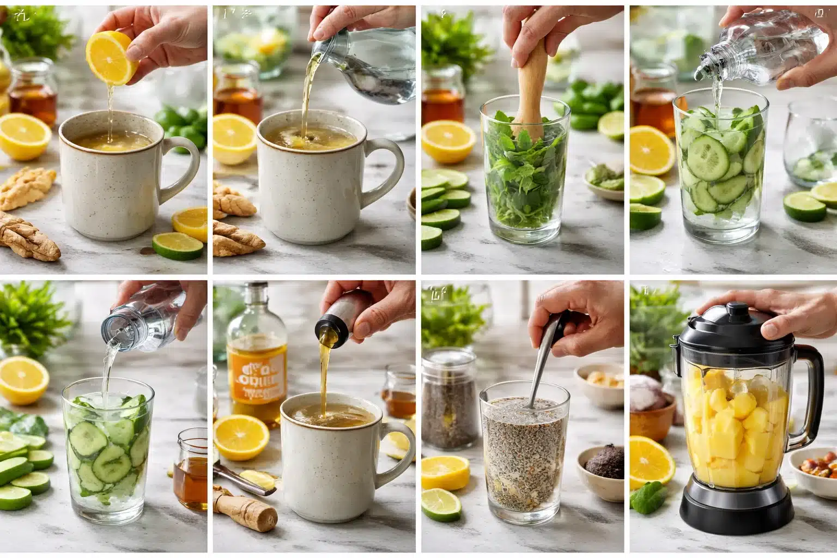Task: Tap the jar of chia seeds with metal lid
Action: click(x=445, y=398)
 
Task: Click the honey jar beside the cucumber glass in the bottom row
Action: click(x=191, y=469)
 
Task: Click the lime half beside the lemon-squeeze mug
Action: click(x=178, y=246)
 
